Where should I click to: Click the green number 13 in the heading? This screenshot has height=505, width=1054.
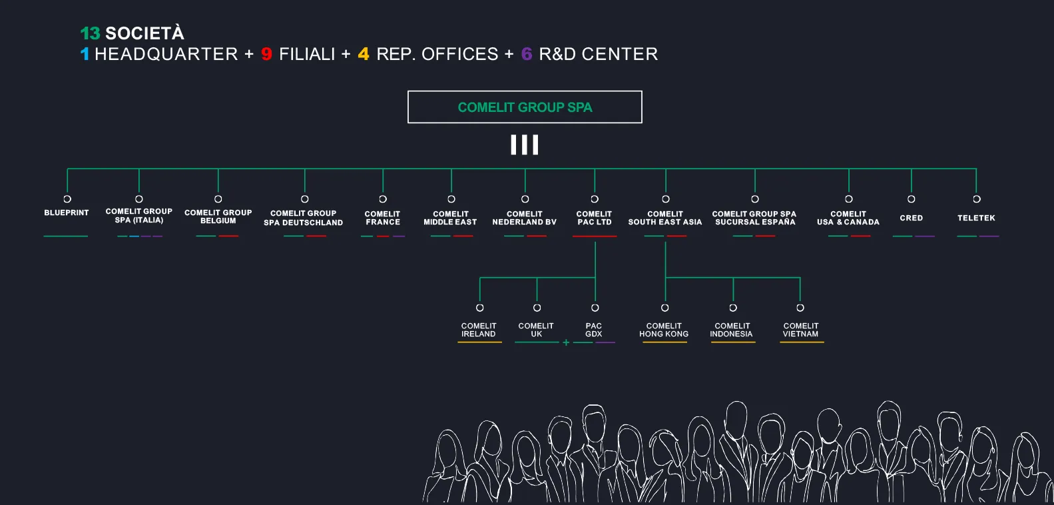click(90, 33)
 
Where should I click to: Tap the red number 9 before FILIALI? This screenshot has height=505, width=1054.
click(266, 54)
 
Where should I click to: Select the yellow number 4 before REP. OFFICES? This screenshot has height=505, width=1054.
click(364, 54)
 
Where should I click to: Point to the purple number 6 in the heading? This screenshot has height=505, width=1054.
click(527, 54)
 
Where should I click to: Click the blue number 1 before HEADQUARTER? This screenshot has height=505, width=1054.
click(85, 54)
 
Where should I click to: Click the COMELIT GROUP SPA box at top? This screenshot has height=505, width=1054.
click(525, 107)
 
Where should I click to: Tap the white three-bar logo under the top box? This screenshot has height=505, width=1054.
click(525, 145)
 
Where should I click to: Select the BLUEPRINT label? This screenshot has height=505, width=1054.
click(67, 213)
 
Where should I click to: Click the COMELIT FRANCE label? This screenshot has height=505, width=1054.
click(383, 218)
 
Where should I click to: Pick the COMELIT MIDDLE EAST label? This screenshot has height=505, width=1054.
click(451, 218)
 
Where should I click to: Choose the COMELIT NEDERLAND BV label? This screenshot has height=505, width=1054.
click(525, 218)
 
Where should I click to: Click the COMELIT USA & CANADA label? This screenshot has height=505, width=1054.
click(848, 218)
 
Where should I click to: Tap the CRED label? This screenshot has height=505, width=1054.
click(912, 218)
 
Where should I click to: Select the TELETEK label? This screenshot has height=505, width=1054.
click(976, 218)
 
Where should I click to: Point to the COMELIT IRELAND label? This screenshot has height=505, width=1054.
click(479, 330)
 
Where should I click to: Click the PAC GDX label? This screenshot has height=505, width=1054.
click(594, 330)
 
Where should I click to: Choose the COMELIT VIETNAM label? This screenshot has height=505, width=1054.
click(801, 330)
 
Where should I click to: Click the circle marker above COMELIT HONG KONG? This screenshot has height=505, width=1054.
click(664, 308)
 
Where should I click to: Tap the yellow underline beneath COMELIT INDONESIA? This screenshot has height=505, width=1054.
click(732, 342)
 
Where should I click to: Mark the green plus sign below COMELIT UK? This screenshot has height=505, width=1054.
click(566, 342)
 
